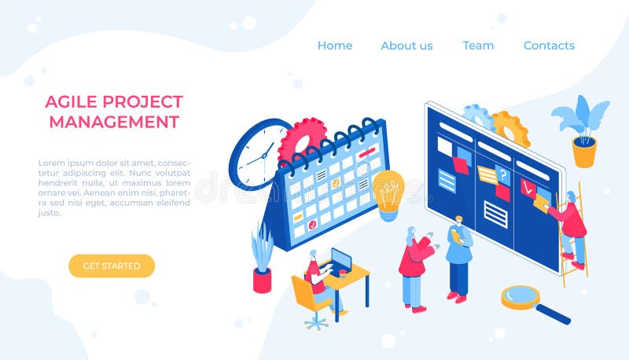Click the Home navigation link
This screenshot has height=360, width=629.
[334, 46]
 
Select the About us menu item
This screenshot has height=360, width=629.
[406, 46]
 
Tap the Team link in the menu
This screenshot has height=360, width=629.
[478, 46]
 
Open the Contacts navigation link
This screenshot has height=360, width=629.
[549, 46]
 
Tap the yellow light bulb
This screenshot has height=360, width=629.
[388, 193]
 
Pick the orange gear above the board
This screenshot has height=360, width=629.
[510, 127]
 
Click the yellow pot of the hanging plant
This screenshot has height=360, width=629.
[584, 152]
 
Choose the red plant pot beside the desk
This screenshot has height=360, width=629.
[262, 280]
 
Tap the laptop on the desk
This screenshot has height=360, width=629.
[340, 261]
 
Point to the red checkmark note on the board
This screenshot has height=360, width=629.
[528, 188]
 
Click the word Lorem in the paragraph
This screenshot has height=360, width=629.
[52, 163]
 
